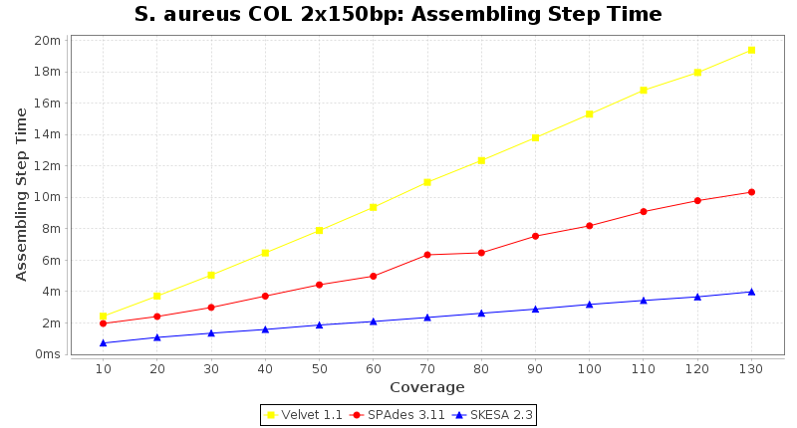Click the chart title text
tap(398, 14)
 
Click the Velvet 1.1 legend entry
tap(304, 414)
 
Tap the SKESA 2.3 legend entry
tap(493, 414)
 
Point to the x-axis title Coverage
tap(426, 387)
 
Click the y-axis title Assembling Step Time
tap(21, 194)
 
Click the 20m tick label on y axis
tap(47, 40)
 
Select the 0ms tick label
tap(47, 354)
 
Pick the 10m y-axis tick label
tap(47, 197)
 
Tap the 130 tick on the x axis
tap(750, 369)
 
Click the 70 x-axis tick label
tap(426, 369)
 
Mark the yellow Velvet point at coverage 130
tap(751, 50)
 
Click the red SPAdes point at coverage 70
tap(427, 255)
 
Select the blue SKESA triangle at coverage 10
tap(104, 342)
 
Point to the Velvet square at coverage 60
tap(374, 207)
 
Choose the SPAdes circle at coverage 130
tap(751, 192)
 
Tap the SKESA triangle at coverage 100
tap(590, 304)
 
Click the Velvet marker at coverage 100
tap(590, 114)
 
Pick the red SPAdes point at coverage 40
tap(265, 296)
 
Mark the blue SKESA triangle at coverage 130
tap(751, 292)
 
